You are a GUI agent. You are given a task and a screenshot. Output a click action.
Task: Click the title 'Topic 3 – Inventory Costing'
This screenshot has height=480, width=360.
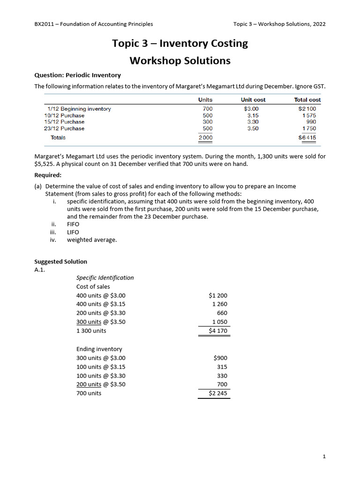tap(180, 44)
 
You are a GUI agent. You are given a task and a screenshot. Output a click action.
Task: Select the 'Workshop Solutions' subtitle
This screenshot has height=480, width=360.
tap(180, 60)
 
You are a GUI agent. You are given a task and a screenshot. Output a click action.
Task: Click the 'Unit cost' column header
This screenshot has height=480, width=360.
tap(253, 100)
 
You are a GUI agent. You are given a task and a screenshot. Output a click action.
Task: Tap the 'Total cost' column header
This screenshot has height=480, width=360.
tap(307, 100)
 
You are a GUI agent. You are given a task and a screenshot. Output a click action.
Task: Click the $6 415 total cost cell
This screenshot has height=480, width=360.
tap(307, 138)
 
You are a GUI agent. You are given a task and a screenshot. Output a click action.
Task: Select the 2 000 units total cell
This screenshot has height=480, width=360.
tap(205, 138)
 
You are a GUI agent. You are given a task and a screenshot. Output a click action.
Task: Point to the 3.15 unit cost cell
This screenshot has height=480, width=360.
tap(253, 115)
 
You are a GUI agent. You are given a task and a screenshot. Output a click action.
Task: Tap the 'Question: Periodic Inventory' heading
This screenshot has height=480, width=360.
tap(77, 75)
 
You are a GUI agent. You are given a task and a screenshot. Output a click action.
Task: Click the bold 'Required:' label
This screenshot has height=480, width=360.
tap(48, 175)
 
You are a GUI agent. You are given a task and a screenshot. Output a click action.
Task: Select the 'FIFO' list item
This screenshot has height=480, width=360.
tap(73, 224)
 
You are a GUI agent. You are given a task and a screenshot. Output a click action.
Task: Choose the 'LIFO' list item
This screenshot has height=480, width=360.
tap(73, 232)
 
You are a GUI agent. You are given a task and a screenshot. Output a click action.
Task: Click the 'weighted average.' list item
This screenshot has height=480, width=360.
tap(92, 240)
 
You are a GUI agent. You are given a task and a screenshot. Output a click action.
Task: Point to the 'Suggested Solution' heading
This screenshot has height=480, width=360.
tap(61, 262)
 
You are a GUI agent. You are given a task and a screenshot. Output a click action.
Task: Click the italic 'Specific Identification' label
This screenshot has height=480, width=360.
tap(105, 277)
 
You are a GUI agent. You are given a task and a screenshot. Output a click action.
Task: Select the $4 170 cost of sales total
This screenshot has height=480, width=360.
tap(217, 331)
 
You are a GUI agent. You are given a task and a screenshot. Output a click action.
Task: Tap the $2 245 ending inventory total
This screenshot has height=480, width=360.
tap(217, 393)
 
